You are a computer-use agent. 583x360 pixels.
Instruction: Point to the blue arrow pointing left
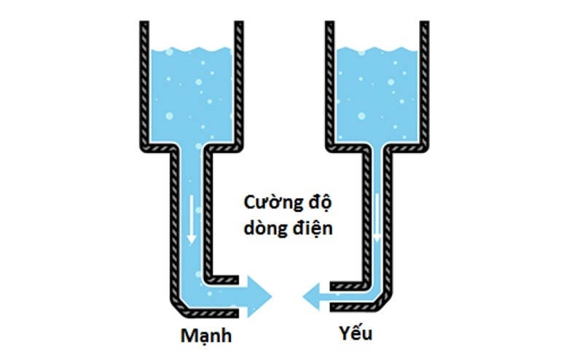[317, 297]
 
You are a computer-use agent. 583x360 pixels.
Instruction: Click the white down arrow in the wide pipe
[191, 219]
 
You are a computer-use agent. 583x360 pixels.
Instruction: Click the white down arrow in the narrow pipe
[377, 218]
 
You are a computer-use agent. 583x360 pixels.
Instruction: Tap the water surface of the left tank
[192, 50]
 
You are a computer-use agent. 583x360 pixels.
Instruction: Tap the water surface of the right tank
[377, 50]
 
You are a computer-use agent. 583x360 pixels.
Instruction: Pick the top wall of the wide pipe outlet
[222, 280]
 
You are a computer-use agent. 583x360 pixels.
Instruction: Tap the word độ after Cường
[319, 203]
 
